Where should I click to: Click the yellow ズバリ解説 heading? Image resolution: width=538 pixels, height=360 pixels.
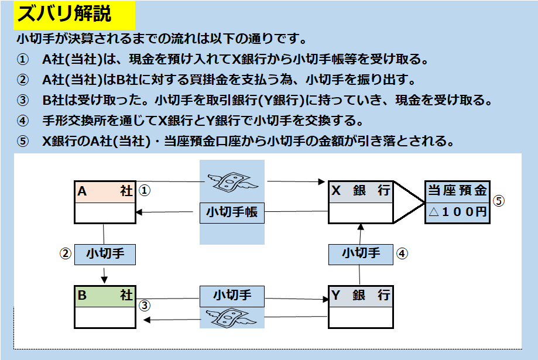(x=74, y=15)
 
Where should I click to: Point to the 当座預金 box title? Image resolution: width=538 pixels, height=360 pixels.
(x=457, y=191)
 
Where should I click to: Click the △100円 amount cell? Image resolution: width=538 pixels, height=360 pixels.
(x=457, y=212)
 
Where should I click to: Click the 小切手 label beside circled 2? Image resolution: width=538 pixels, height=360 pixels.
(x=105, y=253)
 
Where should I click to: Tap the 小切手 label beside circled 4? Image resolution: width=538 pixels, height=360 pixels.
(x=361, y=253)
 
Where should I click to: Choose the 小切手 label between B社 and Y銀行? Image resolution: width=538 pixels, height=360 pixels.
(x=232, y=295)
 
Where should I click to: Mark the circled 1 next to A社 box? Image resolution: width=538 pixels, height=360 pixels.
(x=145, y=190)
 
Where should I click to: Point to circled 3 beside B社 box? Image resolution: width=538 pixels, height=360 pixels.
(x=145, y=304)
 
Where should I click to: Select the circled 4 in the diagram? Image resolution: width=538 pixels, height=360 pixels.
(x=402, y=253)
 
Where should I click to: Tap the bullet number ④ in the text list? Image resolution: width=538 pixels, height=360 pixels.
(x=22, y=121)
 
